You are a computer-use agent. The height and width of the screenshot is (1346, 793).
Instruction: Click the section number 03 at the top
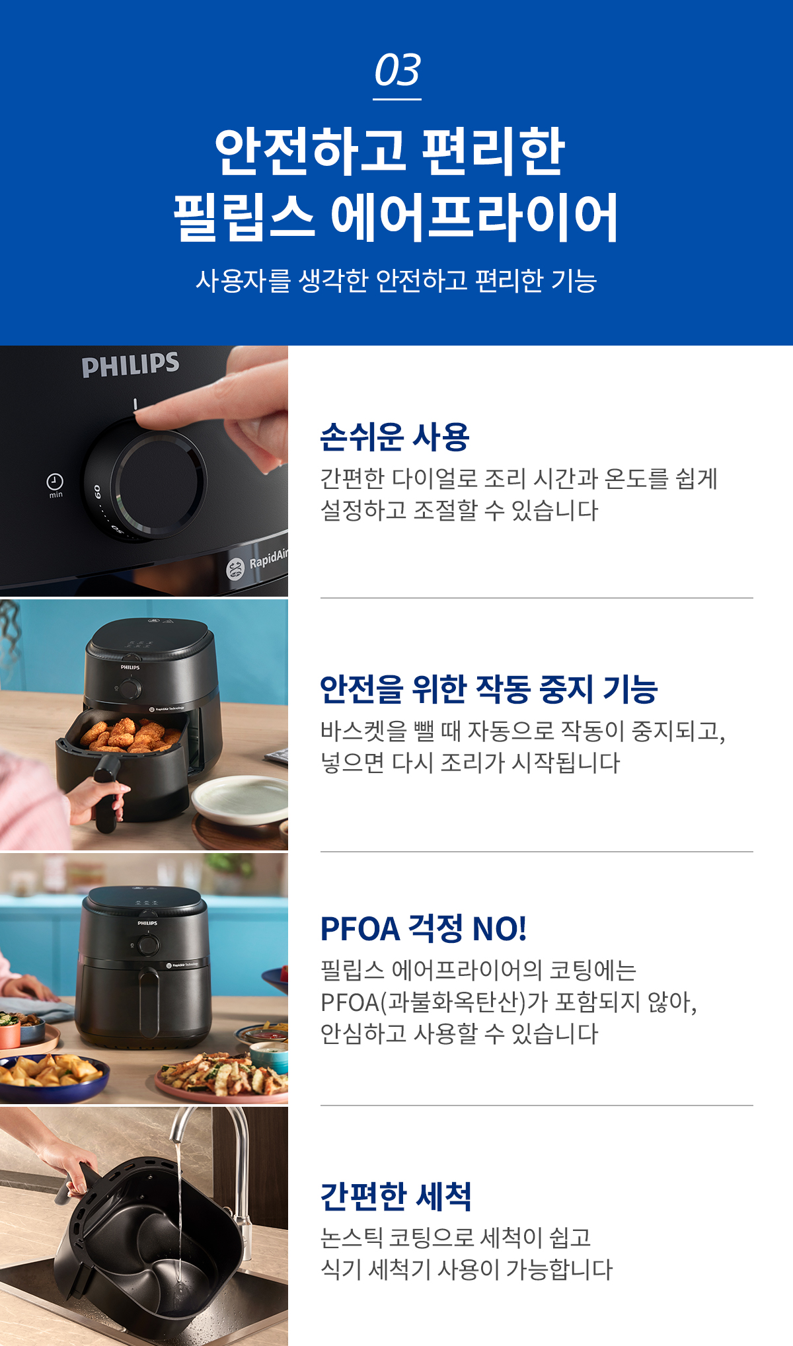tap(397, 70)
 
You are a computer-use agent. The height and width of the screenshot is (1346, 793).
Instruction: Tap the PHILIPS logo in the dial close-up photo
tap(130, 364)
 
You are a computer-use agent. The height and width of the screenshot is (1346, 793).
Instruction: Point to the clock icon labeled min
tap(55, 481)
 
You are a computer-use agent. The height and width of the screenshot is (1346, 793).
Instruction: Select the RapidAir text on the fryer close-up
tap(268, 559)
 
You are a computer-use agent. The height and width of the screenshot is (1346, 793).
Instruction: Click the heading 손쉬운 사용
tap(395, 437)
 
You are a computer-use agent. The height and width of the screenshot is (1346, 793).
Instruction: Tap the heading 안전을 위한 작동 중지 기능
tap(489, 689)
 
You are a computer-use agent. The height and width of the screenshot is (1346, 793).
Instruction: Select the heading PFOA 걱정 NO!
tap(424, 928)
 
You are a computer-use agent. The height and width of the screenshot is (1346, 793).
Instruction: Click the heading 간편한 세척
tap(396, 1196)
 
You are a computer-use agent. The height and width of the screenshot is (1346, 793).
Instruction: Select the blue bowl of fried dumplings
tap(53, 1077)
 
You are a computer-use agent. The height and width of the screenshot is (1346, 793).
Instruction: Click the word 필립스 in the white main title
tap(243, 217)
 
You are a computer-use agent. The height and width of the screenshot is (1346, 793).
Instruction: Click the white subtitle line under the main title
tap(397, 281)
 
